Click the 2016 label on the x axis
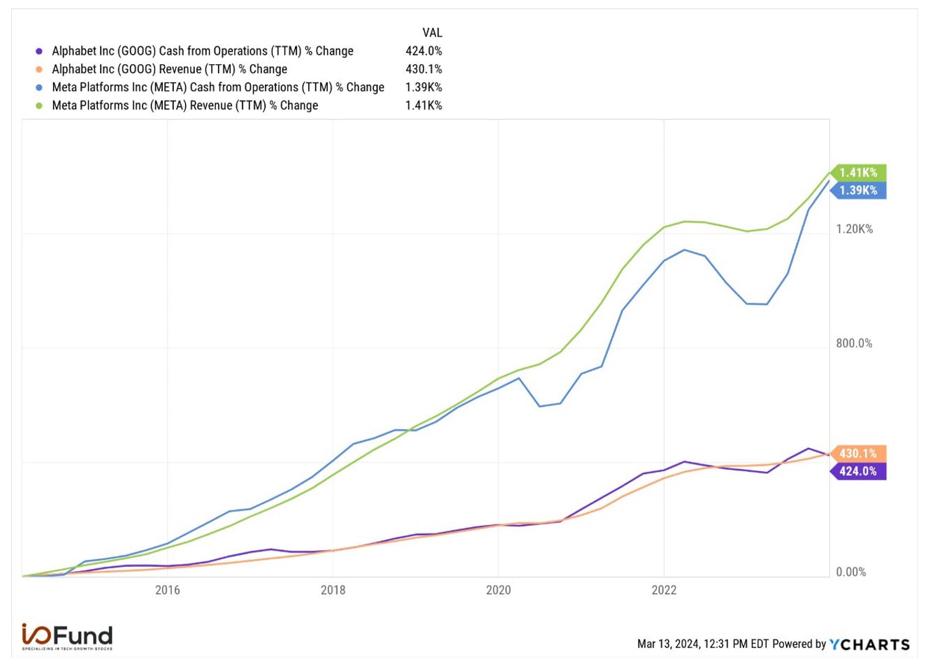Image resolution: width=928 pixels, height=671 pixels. click(x=168, y=590)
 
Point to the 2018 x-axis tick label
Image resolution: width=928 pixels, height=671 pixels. click(x=333, y=590)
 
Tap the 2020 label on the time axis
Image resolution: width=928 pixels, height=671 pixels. click(x=498, y=590)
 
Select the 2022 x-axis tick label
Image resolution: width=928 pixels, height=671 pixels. click(x=664, y=590)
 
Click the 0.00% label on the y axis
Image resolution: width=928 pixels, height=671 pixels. click(x=850, y=572)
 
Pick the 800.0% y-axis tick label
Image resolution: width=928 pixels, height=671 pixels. click(x=854, y=343)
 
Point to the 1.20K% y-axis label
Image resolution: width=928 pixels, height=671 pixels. click(x=854, y=229)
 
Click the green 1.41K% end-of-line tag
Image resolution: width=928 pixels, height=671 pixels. click(x=858, y=173)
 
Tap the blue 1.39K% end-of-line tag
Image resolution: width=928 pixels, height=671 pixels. click(x=858, y=190)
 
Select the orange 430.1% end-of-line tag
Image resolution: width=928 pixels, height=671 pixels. click(x=858, y=454)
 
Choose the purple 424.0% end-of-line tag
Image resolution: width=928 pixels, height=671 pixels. click(x=858, y=471)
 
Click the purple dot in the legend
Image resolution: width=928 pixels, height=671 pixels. click(x=39, y=52)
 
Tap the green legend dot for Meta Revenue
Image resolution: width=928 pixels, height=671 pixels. click(x=39, y=106)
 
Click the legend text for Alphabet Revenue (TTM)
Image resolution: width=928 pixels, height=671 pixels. click(x=169, y=69)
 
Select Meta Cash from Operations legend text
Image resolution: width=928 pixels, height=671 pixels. click(x=218, y=87)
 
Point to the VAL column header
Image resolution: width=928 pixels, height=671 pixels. click(x=432, y=33)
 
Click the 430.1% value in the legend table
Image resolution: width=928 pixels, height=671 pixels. click(x=423, y=69)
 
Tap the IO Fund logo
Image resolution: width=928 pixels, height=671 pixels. click(x=67, y=637)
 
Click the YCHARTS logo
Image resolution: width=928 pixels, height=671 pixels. click(x=869, y=645)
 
